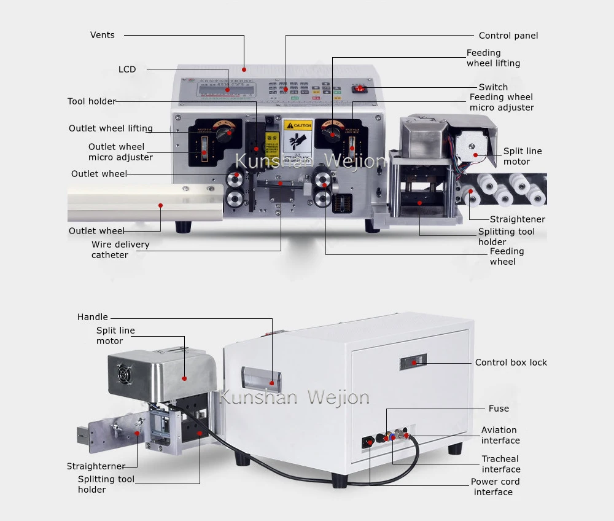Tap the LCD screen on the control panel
pyautogui.click(x=227, y=90)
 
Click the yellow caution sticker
pyautogui.click(x=298, y=135)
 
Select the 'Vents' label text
pyautogui.click(x=103, y=35)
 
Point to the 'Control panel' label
pyautogui.click(x=508, y=36)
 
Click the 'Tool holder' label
pyautogui.click(x=91, y=101)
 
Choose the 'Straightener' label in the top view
pyautogui.click(x=517, y=219)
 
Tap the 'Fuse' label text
pyautogui.click(x=499, y=408)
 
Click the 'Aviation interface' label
pyautogui.click(x=500, y=435)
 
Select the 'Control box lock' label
pyautogui.click(x=511, y=362)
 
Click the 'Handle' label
pyautogui.click(x=93, y=317)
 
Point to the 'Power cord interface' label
pyautogui.click(x=495, y=487)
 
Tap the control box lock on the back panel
pyautogui.click(x=414, y=362)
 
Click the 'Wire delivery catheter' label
pyautogui.click(x=120, y=249)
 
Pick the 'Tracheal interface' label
pyautogui.click(x=500, y=464)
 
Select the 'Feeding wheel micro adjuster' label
pyautogui.click(x=502, y=102)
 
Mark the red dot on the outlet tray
pyautogui.click(x=160, y=205)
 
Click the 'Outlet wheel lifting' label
pyautogui.click(x=111, y=128)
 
